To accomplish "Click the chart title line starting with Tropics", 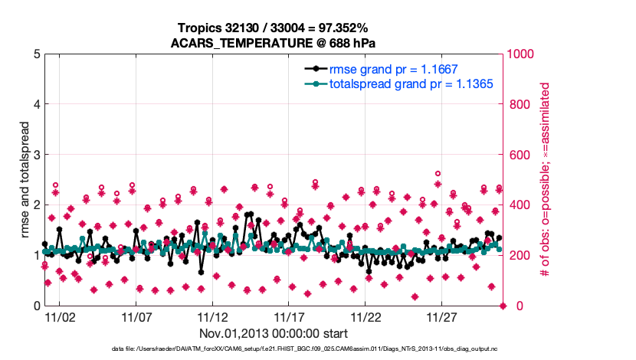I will [273, 28].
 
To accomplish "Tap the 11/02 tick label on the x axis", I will [59, 316].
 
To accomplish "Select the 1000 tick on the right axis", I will [522, 54].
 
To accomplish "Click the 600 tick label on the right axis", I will [519, 155].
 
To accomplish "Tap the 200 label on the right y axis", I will [519, 256].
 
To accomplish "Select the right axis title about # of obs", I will [546, 181].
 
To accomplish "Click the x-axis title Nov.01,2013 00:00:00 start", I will [274, 333].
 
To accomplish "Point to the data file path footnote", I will [273, 350].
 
